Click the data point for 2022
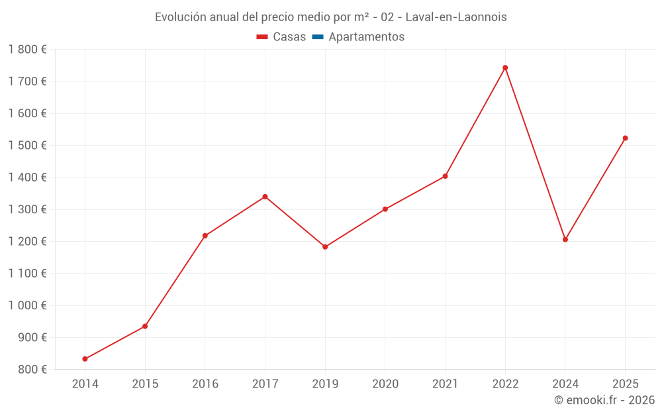(505, 68)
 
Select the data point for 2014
(85, 359)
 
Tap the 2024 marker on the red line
(565, 239)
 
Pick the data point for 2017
(265, 197)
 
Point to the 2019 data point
(325, 247)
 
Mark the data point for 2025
(625, 138)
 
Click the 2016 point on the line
(205, 236)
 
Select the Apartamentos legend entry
(366, 37)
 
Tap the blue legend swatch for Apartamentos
(317, 37)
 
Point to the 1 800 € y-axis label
(27, 50)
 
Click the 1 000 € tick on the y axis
(27, 305)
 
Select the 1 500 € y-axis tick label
(27, 145)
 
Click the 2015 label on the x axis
(145, 384)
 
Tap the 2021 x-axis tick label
(445, 384)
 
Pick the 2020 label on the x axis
(385, 384)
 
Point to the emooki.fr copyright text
(604, 400)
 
